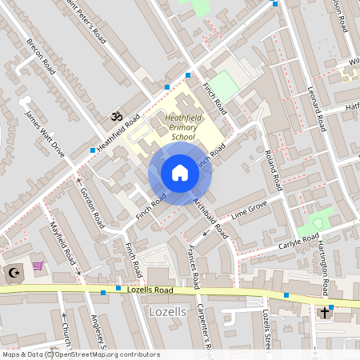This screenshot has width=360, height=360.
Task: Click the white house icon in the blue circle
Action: click(x=180, y=173)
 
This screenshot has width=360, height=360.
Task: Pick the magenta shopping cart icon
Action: click(x=38, y=266)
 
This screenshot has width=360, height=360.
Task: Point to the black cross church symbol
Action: click(x=326, y=311)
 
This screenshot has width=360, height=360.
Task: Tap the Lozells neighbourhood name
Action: click(x=168, y=310)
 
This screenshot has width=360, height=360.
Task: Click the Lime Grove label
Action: click(x=249, y=210)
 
